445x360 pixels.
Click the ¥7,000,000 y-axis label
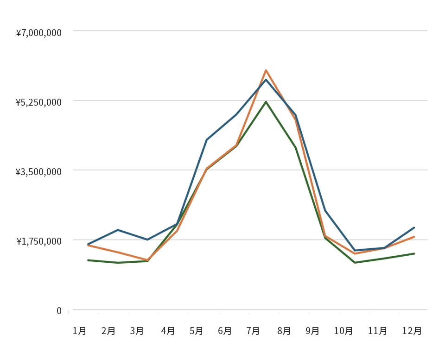coord(38,33)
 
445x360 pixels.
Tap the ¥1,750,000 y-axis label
coord(38,241)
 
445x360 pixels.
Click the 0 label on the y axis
coord(59,310)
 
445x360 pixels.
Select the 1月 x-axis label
coord(79,331)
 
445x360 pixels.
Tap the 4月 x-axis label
coord(168,331)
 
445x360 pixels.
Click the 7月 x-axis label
coord(253,331)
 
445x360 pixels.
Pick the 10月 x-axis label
coord(343,331)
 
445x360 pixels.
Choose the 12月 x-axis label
coord(412,331)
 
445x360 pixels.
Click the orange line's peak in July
coord(266,70)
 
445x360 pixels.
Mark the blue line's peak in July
coord(266,80)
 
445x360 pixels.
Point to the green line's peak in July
coord(266,101)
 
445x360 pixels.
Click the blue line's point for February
coord(118,230)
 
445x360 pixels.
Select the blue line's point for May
coord(206,139)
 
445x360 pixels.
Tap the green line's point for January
coord(88,260)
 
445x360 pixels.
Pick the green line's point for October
coord(355,263)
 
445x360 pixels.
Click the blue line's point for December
coord(414,227)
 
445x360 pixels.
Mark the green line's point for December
coord(414,253)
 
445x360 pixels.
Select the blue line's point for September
coord(325,211)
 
